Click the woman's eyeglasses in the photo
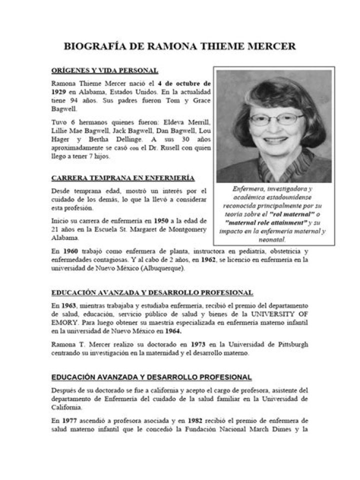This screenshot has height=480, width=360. [276, 119]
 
